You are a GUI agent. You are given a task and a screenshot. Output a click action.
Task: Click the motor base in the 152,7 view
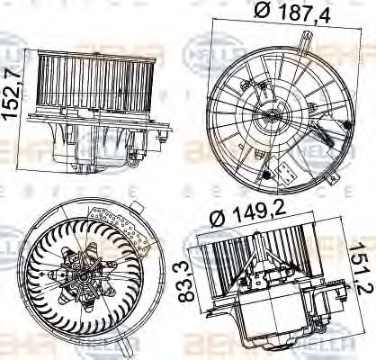[x=99, y=144]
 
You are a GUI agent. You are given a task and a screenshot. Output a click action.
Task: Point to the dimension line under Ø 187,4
[x=274, y=30]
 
